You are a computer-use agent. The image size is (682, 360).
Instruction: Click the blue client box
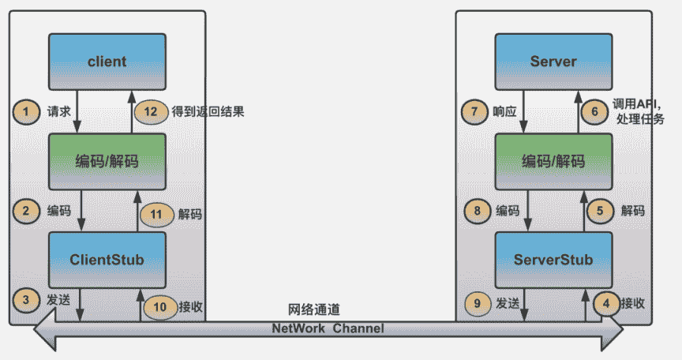point(107,62)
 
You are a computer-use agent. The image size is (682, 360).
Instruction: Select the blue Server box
point(553,62)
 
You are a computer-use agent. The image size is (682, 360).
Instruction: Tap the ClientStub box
point(107,260)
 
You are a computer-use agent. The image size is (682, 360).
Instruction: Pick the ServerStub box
point(553,260)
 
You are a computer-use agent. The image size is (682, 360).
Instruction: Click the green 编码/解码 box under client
point(107,161)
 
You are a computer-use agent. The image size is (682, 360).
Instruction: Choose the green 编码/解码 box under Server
point(553,161)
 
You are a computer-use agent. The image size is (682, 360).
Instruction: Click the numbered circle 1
point(26,111)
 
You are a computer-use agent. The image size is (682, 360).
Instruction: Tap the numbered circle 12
point(151,111)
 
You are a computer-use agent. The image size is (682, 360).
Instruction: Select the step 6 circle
point(595,111)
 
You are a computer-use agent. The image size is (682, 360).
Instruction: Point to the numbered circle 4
point(606,303)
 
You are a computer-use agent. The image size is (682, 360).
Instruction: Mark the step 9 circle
point(476,303)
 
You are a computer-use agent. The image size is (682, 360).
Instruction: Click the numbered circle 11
point(156,213)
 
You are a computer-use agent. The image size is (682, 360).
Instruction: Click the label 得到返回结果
point(208,112)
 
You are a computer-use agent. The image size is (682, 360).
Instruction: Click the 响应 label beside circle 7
point(506,112)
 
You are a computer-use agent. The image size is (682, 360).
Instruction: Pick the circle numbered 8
point(478,211)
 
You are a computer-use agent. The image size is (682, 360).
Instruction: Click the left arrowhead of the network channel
point(43,332)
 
